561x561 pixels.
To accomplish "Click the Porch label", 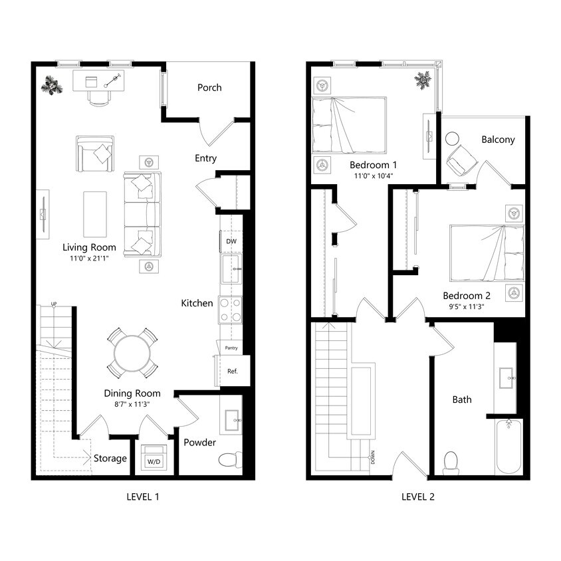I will [x=209, y=88].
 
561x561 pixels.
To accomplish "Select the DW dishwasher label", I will [x=231, y=242].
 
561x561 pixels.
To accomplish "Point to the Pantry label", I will [x=231, y=348].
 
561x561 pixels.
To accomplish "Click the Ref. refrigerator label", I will [x=232, y=372].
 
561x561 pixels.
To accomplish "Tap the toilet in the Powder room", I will [x=229, y=459].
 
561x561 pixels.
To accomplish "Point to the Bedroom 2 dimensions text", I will [x=466, y=307].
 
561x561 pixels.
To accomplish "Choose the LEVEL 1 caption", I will [x=142, y=497].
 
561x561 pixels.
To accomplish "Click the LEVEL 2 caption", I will [x=417, y=497].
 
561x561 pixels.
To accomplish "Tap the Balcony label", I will [x=498, y=140].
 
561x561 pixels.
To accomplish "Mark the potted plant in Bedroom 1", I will [x=422, y=80].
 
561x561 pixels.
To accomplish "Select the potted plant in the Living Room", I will [x=51, y=85].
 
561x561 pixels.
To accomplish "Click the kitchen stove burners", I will [x=231, y=310].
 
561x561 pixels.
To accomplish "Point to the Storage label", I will [x=110, y=459].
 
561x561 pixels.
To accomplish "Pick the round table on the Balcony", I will [x=452, y=139].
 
